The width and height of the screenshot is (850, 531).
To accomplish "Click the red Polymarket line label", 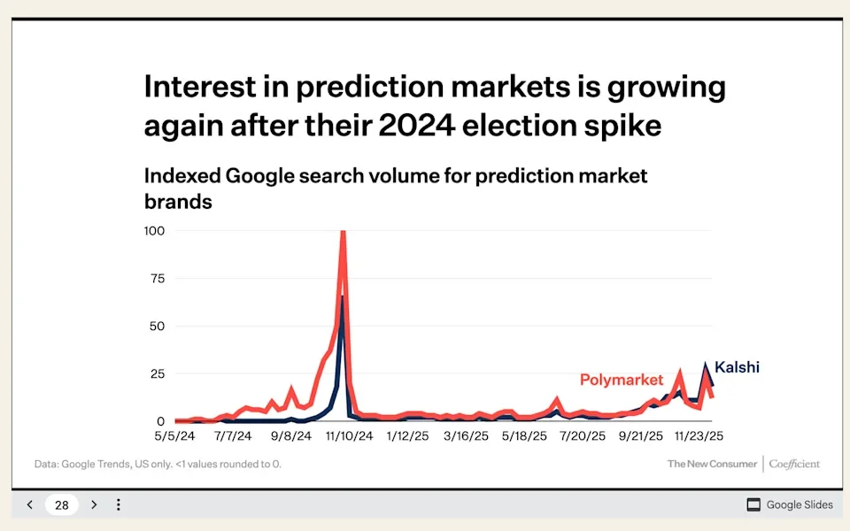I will point(622,381).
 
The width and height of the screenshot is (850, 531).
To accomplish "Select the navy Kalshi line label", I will point(737,366).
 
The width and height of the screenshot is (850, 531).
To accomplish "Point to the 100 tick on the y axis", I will point(155,231).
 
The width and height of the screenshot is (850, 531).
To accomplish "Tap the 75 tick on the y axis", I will point(158,278).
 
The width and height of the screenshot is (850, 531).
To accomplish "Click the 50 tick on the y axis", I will point(158,326).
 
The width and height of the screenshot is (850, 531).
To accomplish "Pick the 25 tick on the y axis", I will point(158,373).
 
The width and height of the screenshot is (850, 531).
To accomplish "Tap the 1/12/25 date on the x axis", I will point(409,436).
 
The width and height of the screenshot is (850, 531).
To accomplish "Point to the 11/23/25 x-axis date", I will point(700,436).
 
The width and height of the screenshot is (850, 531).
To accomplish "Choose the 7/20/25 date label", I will point(582,436).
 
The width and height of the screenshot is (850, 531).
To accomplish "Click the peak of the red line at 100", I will point(343,233).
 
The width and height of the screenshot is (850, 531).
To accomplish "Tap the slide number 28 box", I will point(62,505).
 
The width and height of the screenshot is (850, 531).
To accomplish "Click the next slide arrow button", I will point(94,505).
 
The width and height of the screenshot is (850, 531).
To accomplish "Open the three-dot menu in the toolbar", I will point(119,505).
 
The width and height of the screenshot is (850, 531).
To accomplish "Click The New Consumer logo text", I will point(712,464).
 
